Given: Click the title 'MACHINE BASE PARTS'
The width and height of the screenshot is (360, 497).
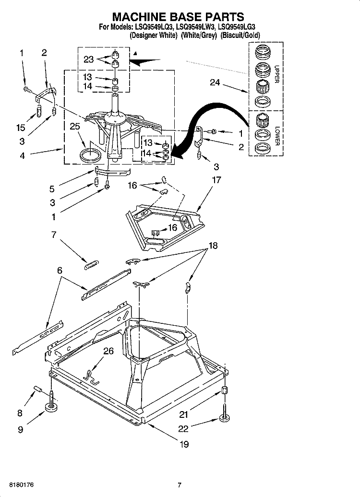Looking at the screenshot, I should pos(178,18).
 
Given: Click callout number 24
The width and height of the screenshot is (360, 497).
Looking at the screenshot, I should pos(215,83).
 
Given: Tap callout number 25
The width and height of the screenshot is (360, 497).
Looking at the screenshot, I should pos(74,127).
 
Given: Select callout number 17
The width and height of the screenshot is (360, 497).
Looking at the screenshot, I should pos(216,180).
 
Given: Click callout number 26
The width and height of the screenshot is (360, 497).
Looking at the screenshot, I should pos(108,351).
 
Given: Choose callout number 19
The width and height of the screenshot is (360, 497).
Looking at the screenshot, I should pos(184,444).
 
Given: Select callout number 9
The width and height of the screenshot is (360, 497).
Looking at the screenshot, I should pos(20,430).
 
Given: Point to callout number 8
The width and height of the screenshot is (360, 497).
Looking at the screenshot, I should pos(20,412).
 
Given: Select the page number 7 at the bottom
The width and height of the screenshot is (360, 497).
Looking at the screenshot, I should pos(179,485).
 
